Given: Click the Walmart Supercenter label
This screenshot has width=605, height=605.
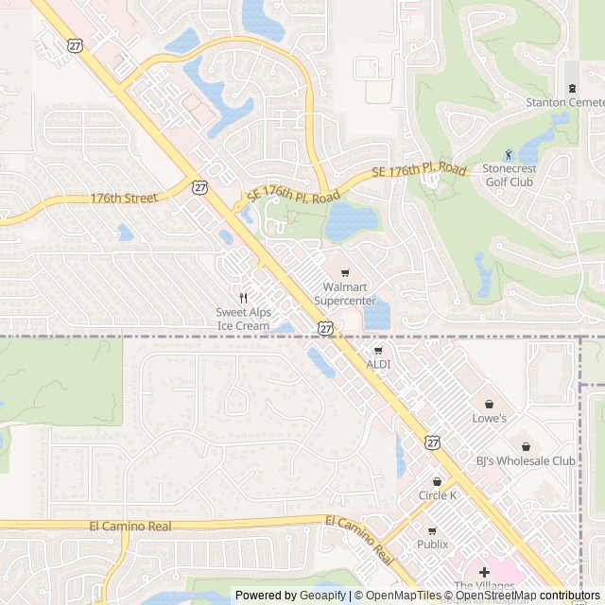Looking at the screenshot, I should tap(344, 293).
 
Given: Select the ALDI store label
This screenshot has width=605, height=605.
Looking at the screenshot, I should tap(378, 364).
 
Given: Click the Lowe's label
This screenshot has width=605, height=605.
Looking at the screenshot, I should tap(489, 418).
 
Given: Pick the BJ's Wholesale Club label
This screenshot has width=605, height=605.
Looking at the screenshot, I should tap(526, 461).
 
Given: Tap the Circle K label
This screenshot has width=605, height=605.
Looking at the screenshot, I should tap(437, 495).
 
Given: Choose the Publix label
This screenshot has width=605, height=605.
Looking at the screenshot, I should tap(432, 544).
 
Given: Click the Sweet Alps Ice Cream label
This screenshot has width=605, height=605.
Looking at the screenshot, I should tap(243, 319).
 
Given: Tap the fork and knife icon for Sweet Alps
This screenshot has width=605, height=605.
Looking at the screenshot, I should tap(243, 298).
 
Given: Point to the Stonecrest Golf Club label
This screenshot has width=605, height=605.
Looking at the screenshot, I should tap(508, 175).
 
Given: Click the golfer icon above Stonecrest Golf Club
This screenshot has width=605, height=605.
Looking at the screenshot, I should tap(508, 154).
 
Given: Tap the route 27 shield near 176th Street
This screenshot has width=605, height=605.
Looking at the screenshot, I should tap(199, 187).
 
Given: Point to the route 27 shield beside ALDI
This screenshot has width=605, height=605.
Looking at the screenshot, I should tap(325, 327).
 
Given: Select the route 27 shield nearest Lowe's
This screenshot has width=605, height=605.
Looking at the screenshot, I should tap(432, 441).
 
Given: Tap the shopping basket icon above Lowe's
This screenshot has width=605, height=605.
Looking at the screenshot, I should tap(489, 404).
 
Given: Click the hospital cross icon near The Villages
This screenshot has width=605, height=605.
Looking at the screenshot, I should tap(484, 572).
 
